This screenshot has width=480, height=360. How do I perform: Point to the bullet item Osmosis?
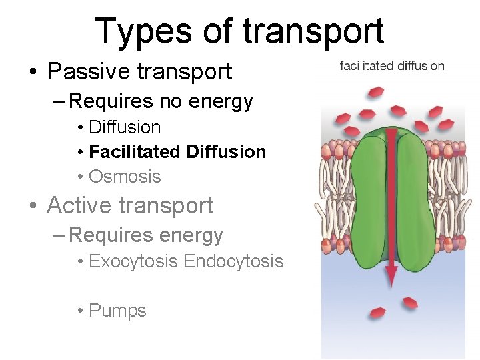coord(125,177)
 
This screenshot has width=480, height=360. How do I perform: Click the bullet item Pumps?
coord(117,311)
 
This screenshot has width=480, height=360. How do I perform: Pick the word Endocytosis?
coord(233,261)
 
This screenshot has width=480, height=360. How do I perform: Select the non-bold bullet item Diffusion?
coord(125,127)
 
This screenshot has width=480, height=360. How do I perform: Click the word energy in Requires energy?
coord(197,235)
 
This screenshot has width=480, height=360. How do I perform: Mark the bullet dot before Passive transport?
coord(33,72)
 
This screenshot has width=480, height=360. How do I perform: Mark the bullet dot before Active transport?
coord(33,206)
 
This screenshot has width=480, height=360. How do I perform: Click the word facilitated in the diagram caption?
coord(367,65)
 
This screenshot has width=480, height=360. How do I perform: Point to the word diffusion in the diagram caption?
coord(421,65)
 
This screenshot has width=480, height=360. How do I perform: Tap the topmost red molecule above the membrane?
coord(377,90)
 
